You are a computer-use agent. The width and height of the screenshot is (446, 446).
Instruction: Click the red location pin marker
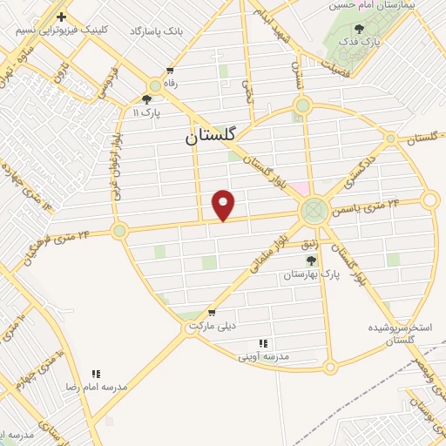225,204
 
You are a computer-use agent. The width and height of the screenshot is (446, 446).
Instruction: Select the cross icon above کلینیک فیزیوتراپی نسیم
61,17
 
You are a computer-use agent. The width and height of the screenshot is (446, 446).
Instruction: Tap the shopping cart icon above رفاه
170,71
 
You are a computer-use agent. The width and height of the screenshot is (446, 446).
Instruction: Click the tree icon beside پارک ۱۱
145,99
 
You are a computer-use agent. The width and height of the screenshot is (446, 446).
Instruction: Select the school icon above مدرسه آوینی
263,344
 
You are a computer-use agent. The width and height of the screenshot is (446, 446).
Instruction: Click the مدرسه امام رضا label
96,386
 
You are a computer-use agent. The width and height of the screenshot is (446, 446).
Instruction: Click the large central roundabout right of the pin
314,210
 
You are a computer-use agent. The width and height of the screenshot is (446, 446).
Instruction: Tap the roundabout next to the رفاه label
156,85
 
